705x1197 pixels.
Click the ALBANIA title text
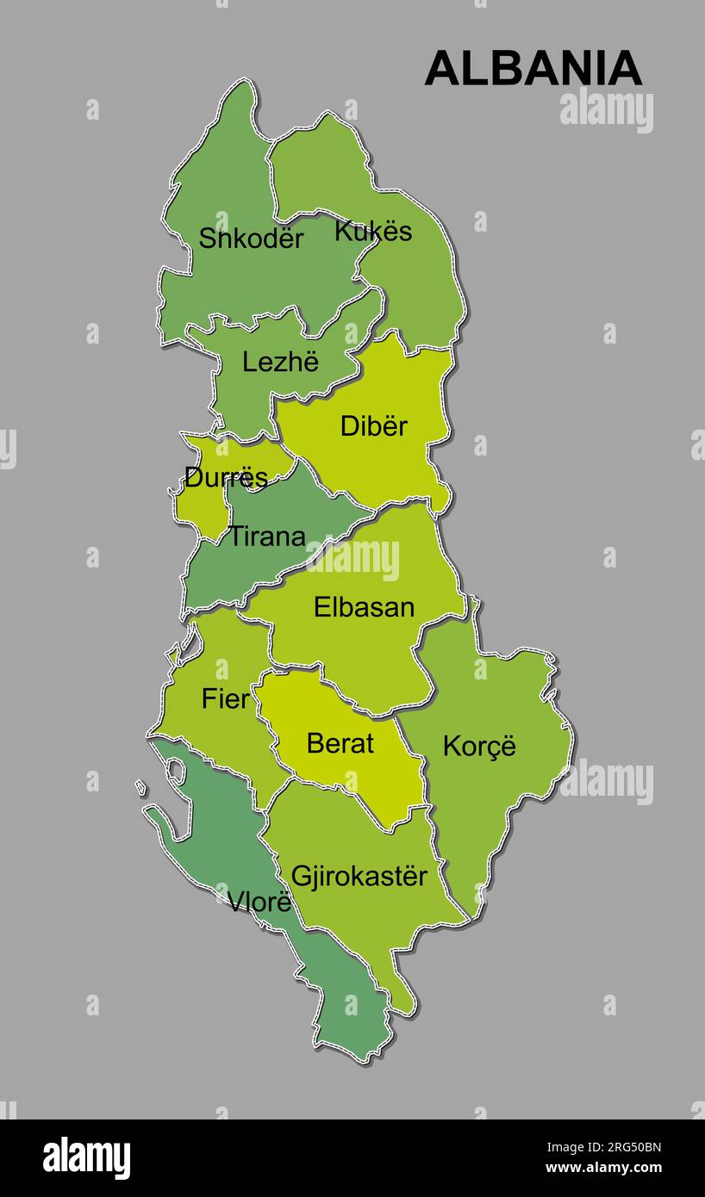pyautogui.click(x=533, y=69)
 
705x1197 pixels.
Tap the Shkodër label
pyautogui.click(x=251, y=239)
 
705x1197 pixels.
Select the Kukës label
pyautogui.click(x=373, y=231)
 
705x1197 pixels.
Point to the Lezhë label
pyautogui.click(x=280, y=362)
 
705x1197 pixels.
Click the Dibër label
pyautogui.click(x=373, y=425)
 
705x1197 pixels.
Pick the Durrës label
pyautogui.click(x=226, y=477)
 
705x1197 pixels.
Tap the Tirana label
pyautogui.click(x=267, y=536)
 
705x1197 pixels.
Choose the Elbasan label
pyautogui.click(x=364, y=607)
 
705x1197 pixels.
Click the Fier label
pyautogui.click(x=225, y=699)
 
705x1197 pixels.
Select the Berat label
pyautogui.click(x=340, y=743)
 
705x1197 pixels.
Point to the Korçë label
pyautogui.click(x=479, y=746)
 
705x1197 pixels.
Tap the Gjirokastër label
pyautogui.click(x=359, y=877)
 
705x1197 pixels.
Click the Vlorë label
pyautogui.click(x=259, y=902)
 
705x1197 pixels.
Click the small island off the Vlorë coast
pyautogui.click(x=140, y=787)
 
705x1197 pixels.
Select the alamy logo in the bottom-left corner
pyautogui.click(x=86, y=1158)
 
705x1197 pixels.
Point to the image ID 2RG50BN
pyautogui.click(x=637, y=1147)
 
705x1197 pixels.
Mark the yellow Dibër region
pyautogui.click(x=396, y=465)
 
